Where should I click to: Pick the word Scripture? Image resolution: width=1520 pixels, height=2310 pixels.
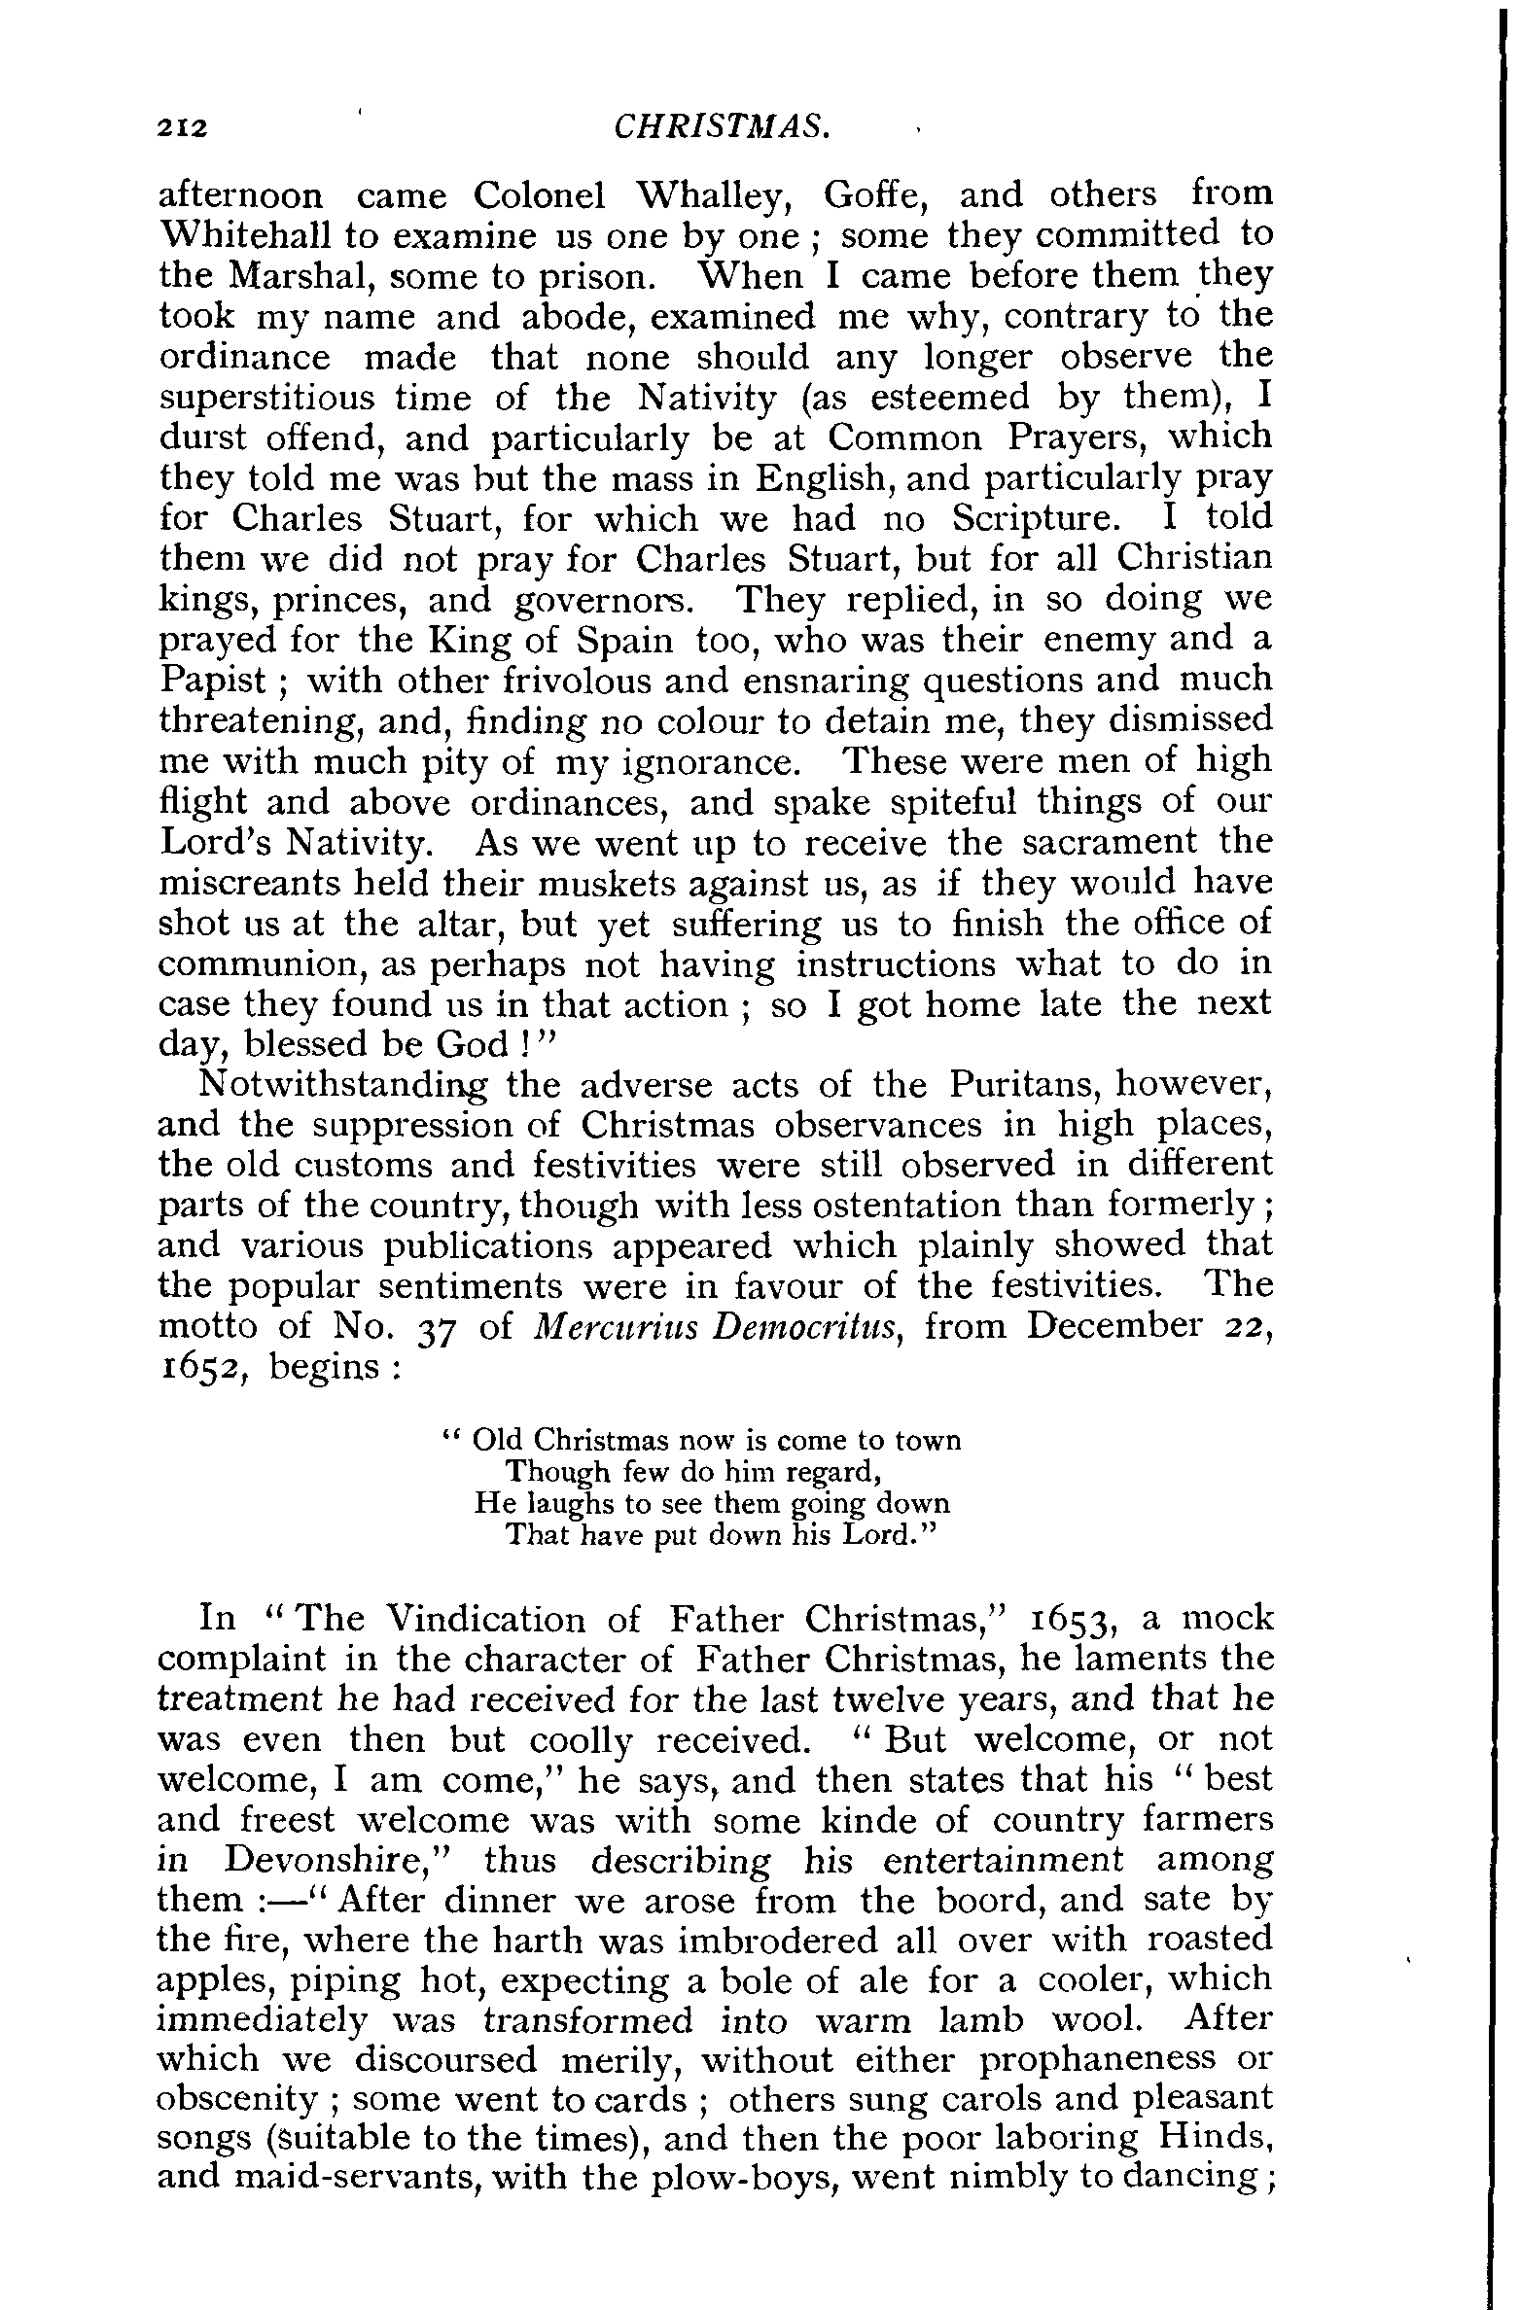click(x=1036, y=519)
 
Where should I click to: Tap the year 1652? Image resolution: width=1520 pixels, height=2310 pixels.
click(x=205, y=1369)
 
